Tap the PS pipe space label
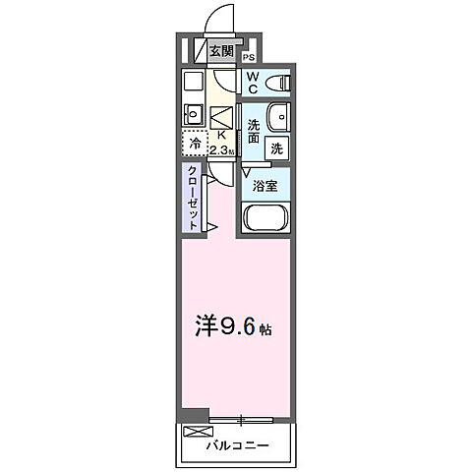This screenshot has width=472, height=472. point(248,57)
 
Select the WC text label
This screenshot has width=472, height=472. point(253,83)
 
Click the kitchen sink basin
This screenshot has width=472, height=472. point(192,114)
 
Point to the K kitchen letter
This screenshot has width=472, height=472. point(221,137)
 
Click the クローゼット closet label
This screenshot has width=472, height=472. point(193,198)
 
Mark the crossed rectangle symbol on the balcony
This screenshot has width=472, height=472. point(197,431)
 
